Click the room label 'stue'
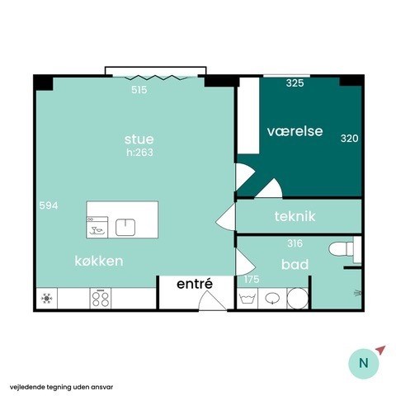coord(139,139)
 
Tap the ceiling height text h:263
coord(139,152)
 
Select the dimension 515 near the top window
coord(139,90)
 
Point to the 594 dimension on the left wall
coord(49,205)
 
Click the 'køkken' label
coord(99,261)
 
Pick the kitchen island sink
coord(125,227)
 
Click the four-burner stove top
coord(101,299)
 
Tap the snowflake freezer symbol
coord(46,299)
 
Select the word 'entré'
coord(195,284)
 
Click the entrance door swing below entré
coord(213,301)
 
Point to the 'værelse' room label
coord(295,131)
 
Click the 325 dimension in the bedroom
coord(295,82)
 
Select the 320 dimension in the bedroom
coord(350,138)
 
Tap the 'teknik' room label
coord(295,216)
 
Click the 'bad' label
coord(295,264)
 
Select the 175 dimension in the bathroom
coord(252,279)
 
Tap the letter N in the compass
coord(364,363)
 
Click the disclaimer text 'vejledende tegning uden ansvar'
coord(62,387)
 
